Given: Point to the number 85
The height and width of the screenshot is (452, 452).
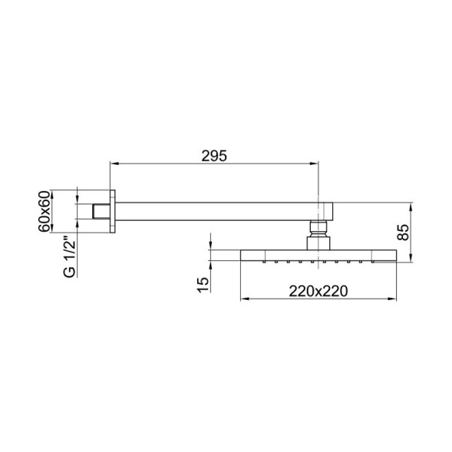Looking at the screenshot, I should pyautogui.click(x=403, y=232).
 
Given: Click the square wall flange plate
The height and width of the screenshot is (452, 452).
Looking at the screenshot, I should pyautogui.click(x=113, y=210).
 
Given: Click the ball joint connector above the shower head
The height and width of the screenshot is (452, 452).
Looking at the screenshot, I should pyautogui.click(x=318, y=227).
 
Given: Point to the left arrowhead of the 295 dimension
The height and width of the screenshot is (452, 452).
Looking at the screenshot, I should pyautogui.click(x=115, y=163).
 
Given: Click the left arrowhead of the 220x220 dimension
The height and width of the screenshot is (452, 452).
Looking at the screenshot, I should pyautogui.click(x=244, y=298).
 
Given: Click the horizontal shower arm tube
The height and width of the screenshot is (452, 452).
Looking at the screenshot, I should pyautogui.click(x=215, y=210).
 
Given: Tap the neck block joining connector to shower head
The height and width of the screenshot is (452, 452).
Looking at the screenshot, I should pyautogui.click(x=318, y=242).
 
